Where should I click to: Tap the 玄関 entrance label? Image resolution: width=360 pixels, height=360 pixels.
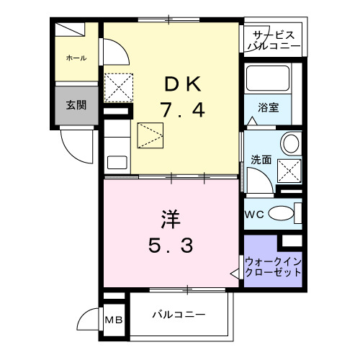(x=77, y=104)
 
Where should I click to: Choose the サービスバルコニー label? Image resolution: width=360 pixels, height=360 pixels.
(x=273, y=40)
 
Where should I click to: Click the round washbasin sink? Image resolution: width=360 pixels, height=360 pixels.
(x=291, y=143)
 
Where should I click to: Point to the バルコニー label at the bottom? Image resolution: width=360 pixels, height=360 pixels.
(x=179, y=315)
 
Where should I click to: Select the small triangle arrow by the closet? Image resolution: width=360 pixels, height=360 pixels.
(x=235, y=274)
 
